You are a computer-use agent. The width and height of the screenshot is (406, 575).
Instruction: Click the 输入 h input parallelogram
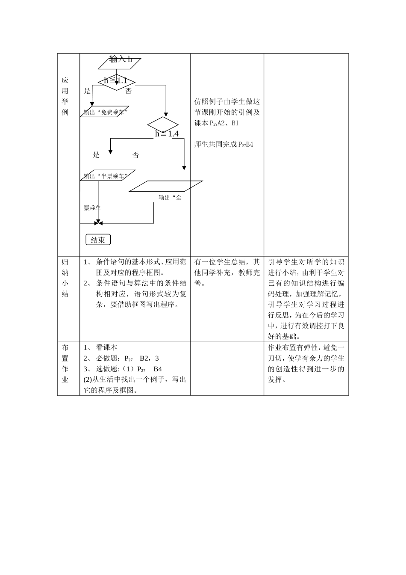[x=120, y=62]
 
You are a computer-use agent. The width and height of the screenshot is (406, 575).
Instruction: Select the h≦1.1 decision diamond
[x=116, y=81]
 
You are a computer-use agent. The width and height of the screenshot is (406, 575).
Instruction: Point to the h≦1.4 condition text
[x=167, y=134]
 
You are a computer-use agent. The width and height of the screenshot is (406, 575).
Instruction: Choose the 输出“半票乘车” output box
[x=109, y=175]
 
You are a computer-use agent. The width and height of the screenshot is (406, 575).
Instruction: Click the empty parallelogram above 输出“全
[x=166, y=186]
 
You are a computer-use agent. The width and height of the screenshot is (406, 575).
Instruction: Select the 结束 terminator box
[x=98, y=240]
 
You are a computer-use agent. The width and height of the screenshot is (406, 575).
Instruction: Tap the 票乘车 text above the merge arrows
[x=92, y=208]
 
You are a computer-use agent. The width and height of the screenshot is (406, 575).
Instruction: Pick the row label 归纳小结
[x=65, y=278]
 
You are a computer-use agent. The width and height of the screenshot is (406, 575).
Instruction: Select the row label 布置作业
[x=65, y=363]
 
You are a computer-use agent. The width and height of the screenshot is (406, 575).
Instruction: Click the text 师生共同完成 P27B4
[x=224, y=145]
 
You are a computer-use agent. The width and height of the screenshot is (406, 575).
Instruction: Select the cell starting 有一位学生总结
[x=227, y=273]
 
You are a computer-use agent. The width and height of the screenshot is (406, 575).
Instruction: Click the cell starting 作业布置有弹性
[x=306, y=363]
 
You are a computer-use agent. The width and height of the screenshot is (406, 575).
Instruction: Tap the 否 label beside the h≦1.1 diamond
[x=129, y=91]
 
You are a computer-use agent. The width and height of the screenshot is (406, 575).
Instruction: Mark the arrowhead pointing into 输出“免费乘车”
[x=92, y=104]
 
